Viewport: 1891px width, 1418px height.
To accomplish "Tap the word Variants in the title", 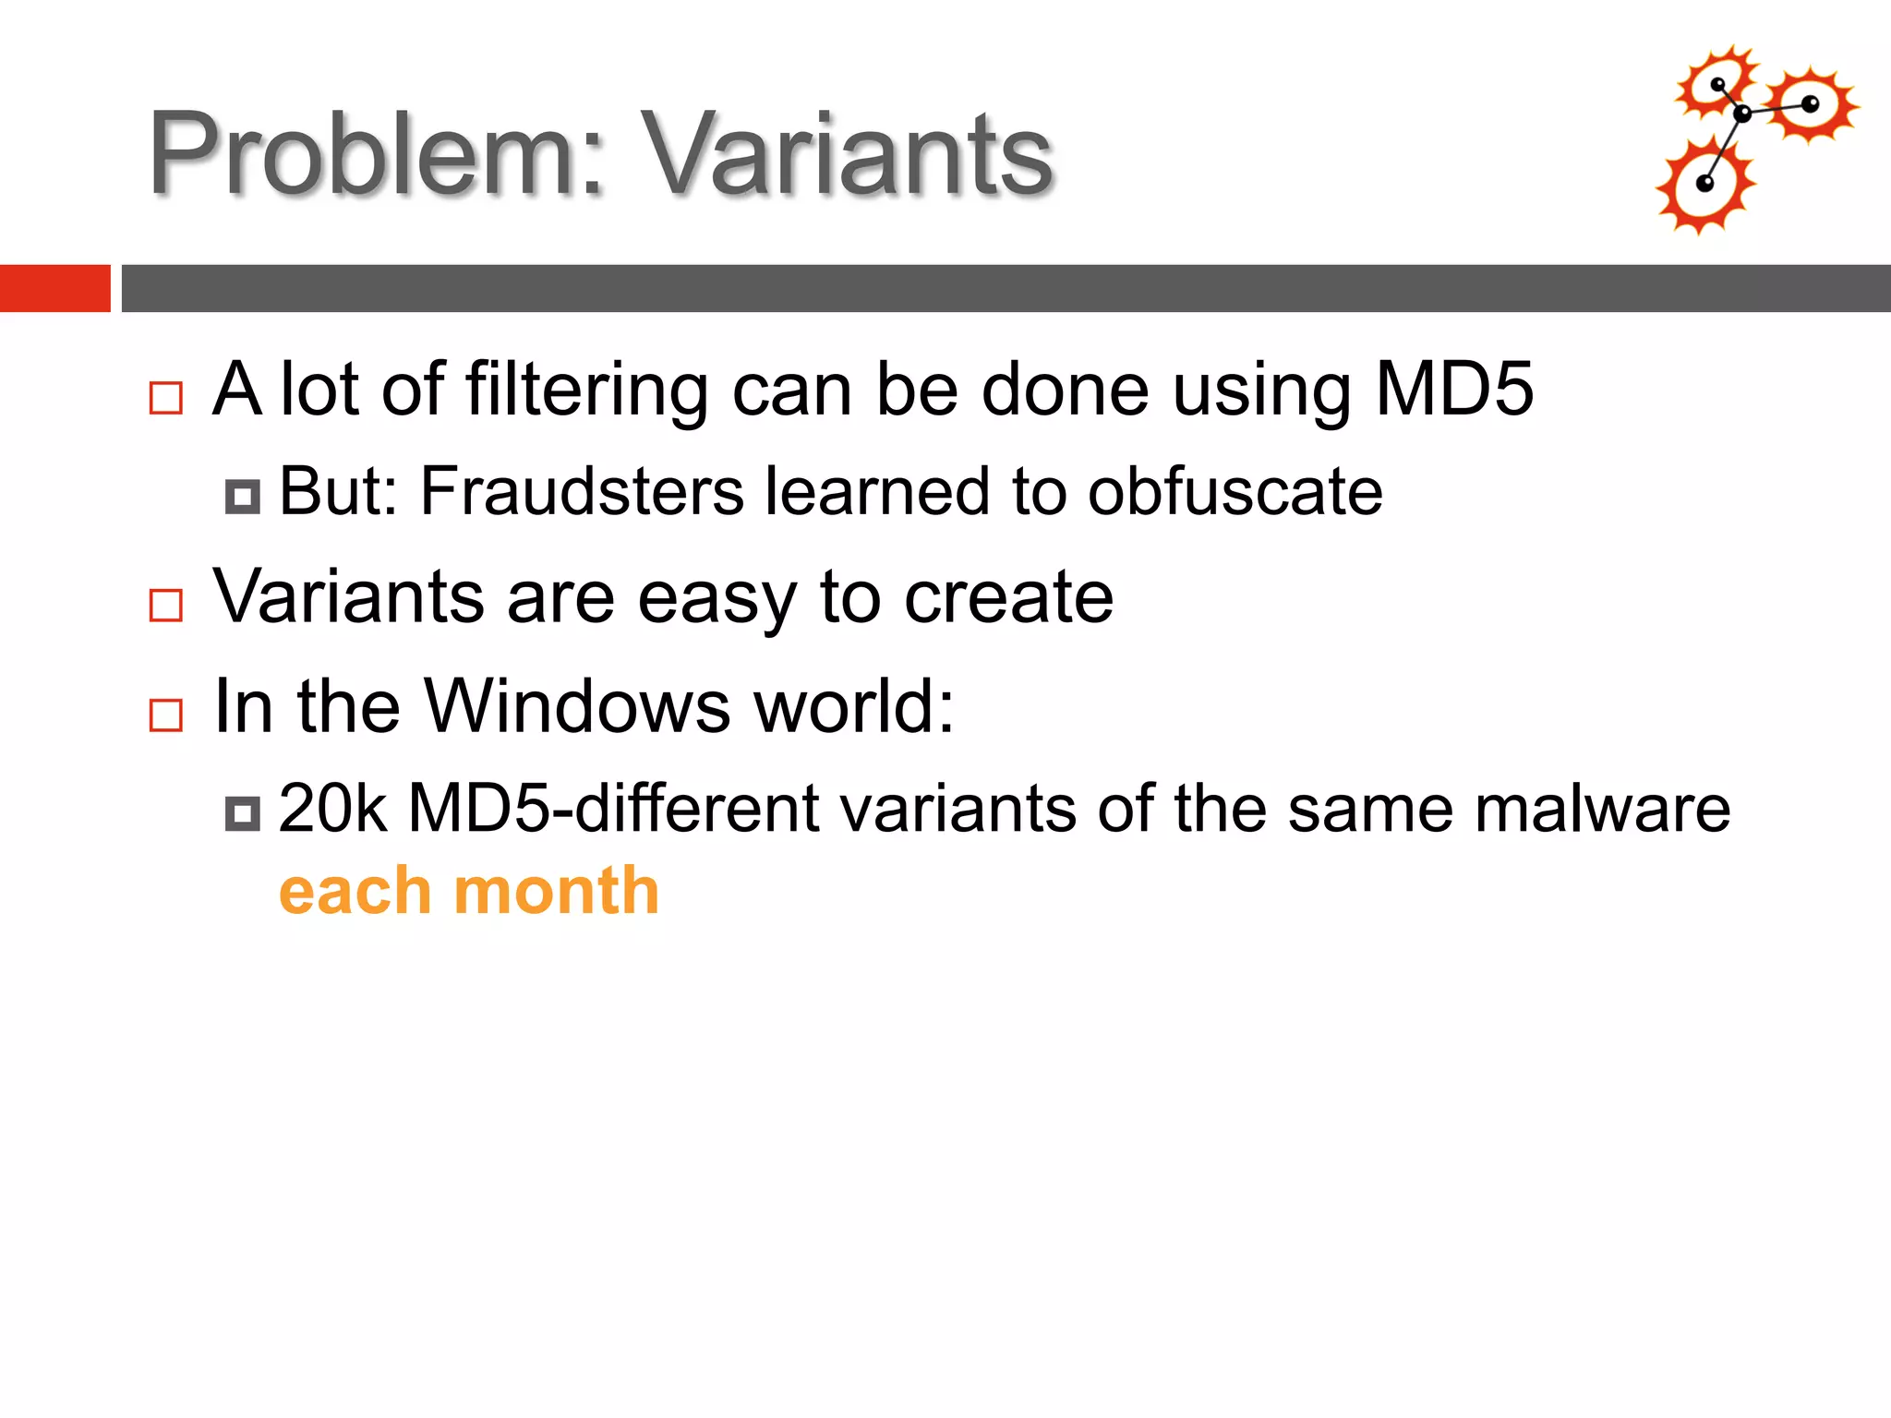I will click(x=847, y=153).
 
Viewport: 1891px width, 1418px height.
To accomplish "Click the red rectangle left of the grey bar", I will click(x=54, y=288).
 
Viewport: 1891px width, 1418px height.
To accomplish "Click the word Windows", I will click(x=578, y=706).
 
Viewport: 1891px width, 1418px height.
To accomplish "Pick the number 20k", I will click(x=331, y=809).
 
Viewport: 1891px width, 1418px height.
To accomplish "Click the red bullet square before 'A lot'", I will click(x=166, y=398).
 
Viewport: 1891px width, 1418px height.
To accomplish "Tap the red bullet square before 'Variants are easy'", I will click(x=166, y=606).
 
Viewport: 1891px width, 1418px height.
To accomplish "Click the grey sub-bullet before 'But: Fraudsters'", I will click(x=242, y=497).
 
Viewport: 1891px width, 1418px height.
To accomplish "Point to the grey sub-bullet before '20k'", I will click(x=242, y=813).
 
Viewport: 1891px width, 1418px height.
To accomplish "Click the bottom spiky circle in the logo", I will click(x=1704, y=186).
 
